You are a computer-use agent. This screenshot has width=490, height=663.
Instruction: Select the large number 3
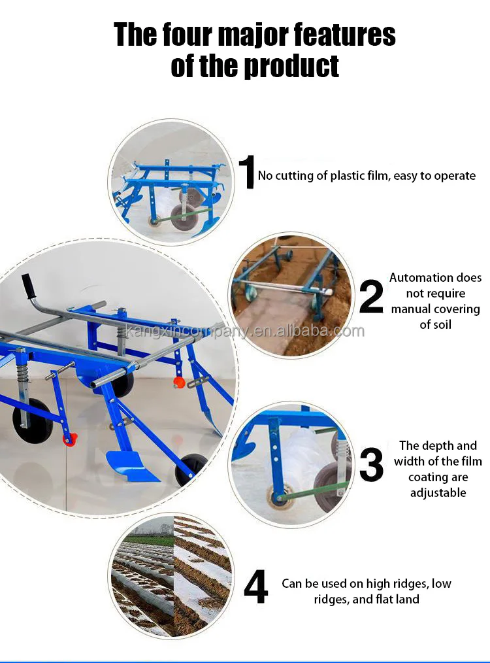(x=371, y=465)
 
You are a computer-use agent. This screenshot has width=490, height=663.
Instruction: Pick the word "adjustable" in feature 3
(x=438, y=492)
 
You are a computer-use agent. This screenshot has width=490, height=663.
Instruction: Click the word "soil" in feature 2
(x=435, y=325)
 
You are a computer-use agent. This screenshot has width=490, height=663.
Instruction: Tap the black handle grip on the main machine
(x=28, y=286)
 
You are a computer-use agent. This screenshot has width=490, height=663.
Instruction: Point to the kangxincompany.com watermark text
(x=245, y=331)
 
